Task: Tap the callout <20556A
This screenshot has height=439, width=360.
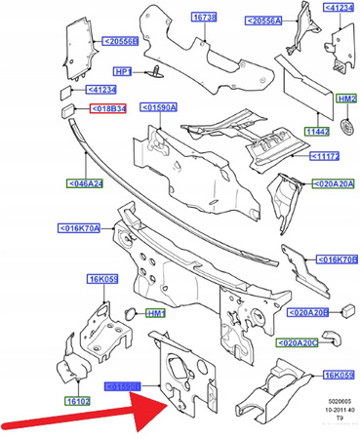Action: [x=262, y=20]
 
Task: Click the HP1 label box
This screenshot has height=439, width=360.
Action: [x=124, y=71]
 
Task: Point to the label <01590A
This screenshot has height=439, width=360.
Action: [x=160, y=107]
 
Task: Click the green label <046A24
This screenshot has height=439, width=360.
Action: [x=85, y=182]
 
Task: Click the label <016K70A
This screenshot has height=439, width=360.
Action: [x=80, y=228]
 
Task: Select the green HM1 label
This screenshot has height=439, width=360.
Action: [x=154, y=312]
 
